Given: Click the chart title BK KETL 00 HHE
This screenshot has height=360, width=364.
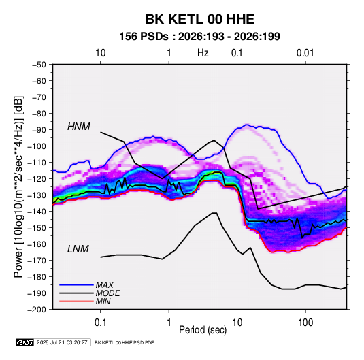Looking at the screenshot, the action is [199, 19].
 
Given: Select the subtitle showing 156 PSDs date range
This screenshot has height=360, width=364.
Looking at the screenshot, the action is [199, 37].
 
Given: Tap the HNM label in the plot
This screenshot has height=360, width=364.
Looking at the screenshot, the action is [79, 127].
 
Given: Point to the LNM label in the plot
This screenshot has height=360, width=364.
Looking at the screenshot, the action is [78, 249].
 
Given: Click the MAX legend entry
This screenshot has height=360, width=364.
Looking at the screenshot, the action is [105, 285].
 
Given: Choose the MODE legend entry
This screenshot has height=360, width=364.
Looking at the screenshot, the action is [107, 293].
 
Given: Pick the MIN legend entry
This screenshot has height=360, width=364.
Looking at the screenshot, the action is [103, 301].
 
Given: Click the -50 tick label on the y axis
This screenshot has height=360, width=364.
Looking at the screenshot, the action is [39, 65].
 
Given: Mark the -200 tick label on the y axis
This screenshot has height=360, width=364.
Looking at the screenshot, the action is [37, 310].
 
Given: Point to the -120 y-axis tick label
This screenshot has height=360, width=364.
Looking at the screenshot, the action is [37, 179].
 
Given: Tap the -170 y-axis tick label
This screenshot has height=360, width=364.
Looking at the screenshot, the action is [37, 261].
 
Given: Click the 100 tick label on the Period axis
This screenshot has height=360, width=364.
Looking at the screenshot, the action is [305, 323].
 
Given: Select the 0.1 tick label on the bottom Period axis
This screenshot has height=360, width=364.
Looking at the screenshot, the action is [100, 323].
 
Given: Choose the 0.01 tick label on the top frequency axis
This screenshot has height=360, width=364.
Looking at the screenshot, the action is [305, 53].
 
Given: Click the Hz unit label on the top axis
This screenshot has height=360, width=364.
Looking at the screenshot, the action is [203, 53].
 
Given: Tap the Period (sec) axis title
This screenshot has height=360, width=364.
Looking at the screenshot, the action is [203, 330].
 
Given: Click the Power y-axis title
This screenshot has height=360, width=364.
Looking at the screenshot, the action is [18, 186].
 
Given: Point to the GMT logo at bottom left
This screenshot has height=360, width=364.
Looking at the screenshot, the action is [25, 342].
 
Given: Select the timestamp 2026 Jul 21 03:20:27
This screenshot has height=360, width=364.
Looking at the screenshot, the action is [62, 342].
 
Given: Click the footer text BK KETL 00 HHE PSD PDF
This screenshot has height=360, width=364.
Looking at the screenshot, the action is [124, 342].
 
